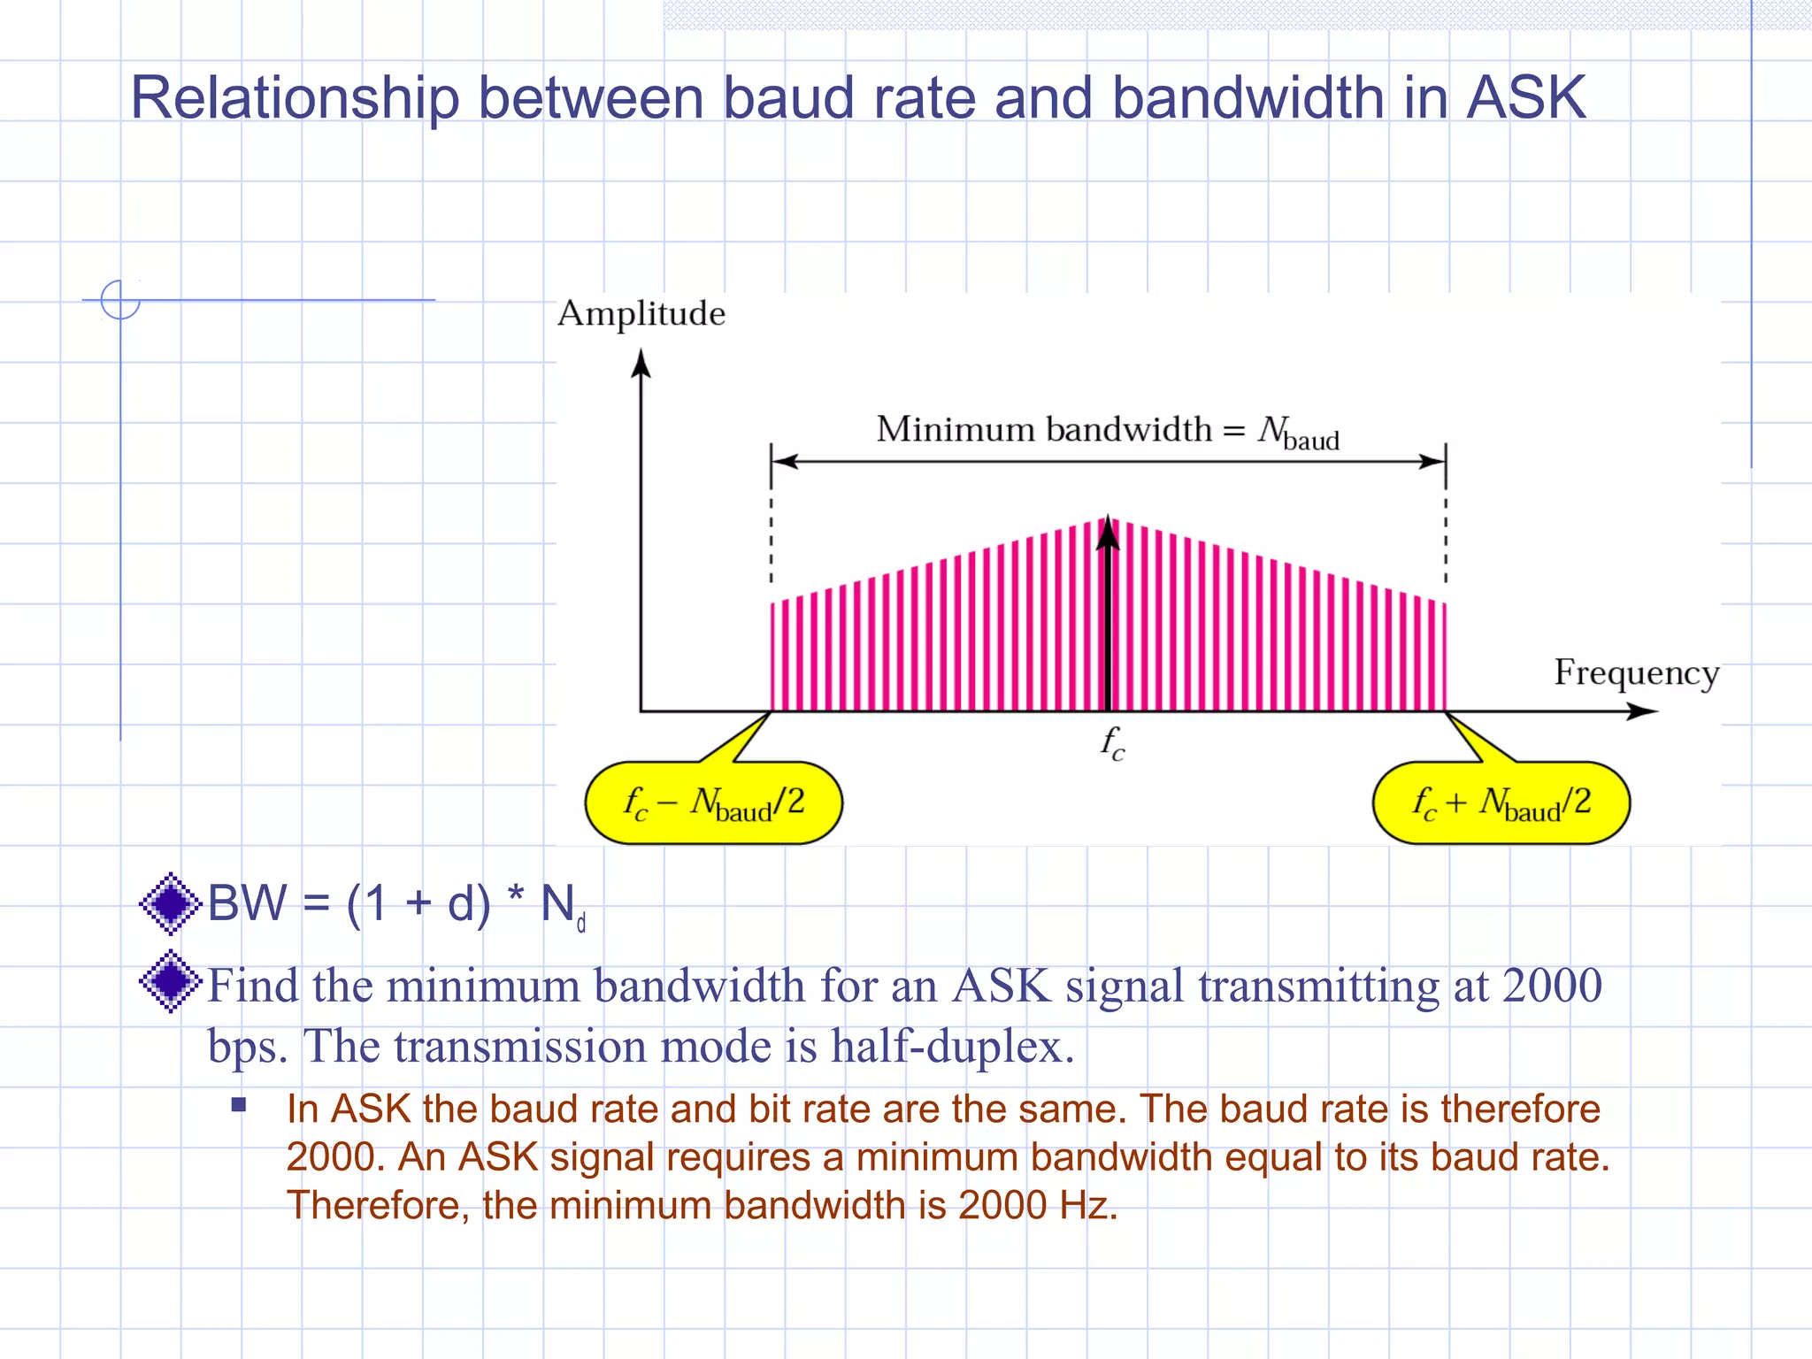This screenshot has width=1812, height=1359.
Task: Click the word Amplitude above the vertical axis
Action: point(641,314)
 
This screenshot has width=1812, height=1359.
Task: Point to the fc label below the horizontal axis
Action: point(1112,743)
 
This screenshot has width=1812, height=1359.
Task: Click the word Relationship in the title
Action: point(295,99)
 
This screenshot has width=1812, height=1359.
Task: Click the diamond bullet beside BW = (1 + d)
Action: point(171,903)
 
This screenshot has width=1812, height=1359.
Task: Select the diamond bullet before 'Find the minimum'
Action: point(171,981)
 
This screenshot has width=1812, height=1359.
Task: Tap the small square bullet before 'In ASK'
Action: point(239,1104)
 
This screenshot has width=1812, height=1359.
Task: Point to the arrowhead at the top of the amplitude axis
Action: point(641,363)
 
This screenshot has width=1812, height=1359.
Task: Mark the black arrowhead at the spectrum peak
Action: point(1108,533)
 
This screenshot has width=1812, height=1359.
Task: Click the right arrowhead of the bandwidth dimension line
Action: point(1432,461)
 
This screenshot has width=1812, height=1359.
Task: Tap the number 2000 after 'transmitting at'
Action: point(1552,986)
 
